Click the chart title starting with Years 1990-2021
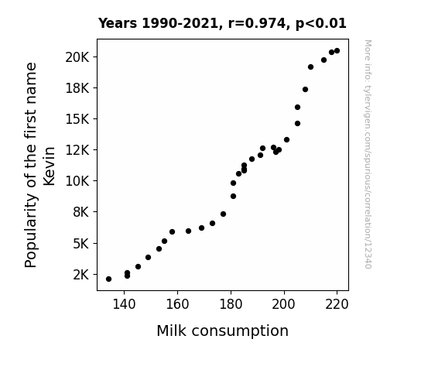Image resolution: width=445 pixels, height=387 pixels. pos(222,23)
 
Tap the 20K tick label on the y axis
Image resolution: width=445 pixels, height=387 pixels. pos(77,57)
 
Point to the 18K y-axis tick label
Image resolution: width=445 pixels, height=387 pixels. pos(77,88)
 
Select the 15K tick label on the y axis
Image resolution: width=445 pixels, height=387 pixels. pos(77,119)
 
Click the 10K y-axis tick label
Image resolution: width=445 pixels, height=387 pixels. pos(77,181)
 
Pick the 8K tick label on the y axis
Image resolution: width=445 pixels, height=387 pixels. pos(81,212)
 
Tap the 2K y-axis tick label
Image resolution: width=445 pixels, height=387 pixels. pos(81,275)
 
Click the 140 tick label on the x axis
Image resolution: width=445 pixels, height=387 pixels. pos(124,304)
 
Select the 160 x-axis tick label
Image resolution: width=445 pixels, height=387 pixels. pos(177,304)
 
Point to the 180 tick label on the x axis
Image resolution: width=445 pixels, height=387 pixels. pos(231,304)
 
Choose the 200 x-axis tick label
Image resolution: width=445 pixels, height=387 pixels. pos(284,304)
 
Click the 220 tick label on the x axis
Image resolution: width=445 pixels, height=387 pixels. pos(337,304)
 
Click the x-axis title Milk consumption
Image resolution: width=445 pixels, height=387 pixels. pos(223,330)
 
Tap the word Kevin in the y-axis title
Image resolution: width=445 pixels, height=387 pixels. pos(49,166)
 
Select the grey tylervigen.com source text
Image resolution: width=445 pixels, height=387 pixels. pos(368,154)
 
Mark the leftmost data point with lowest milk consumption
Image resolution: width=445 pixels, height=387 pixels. pos(108,279)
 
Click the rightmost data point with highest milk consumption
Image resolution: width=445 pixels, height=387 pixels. pos(337,51)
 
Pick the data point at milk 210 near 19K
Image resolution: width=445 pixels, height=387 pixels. pos(311,67)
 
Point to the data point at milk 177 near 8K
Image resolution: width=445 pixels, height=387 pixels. pos(224,214)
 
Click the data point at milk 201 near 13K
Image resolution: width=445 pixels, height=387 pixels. pos(286,139)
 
